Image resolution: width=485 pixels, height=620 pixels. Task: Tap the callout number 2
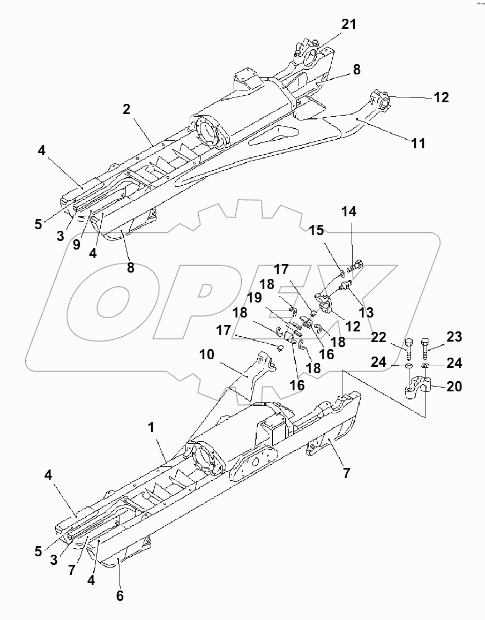[126, 109]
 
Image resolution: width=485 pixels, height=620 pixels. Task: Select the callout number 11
[418, 143]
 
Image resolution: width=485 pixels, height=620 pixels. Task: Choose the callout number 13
[367, 312]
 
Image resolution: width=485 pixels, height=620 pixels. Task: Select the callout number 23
[453, 337]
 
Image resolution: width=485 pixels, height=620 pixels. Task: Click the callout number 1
[151, 428]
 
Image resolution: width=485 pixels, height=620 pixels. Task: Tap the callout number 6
[120, 595]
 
